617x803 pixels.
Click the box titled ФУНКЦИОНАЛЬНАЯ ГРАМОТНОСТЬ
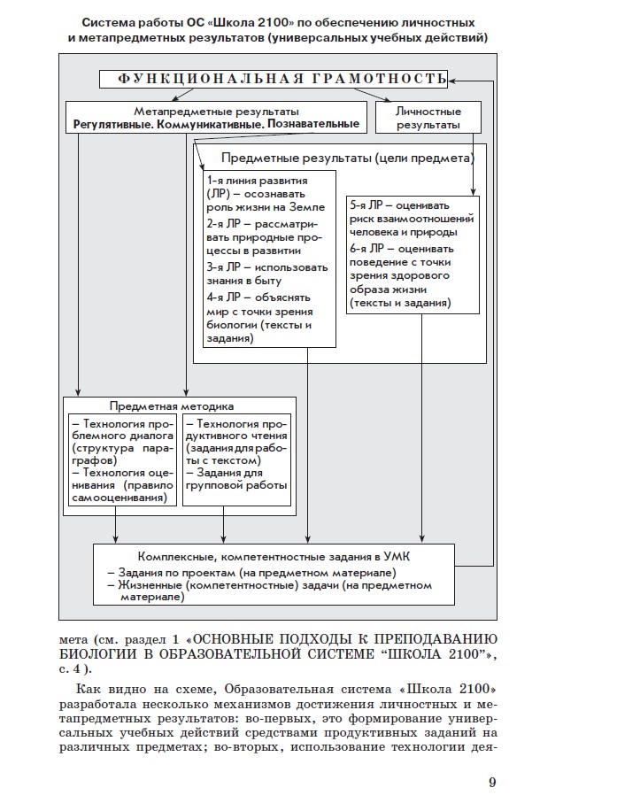point(272,80)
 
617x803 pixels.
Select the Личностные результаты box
point(428,119)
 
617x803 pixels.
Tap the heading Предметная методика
point(172,405)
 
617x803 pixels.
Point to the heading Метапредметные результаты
point(216,112)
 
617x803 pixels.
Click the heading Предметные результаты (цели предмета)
point(347,158)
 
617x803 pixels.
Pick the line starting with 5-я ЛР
point(411,204)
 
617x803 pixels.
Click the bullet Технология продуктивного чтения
point(237,423)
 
